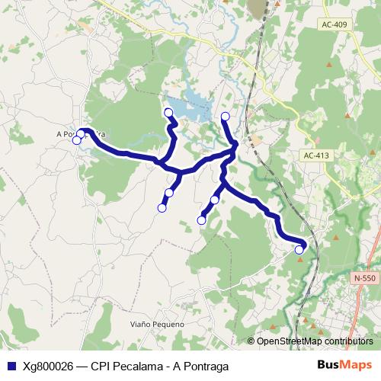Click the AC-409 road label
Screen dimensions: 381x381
(x=334, y=25)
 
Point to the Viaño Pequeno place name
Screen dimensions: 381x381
(x=158, y=325)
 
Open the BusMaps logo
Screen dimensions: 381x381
(x=345, y=365)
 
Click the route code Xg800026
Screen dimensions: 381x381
(x=47, y=365)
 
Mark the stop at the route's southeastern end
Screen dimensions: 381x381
(x=299, y=249)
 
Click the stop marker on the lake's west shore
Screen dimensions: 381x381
(x=169, y=114)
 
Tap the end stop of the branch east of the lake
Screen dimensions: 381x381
(x=225, y=117)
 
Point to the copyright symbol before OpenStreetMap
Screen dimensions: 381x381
(x=251, y=341)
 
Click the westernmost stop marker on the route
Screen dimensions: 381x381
(x=76, y=139)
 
